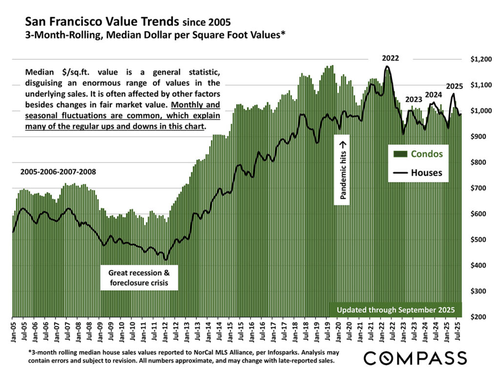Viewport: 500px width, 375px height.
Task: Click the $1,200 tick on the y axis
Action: click(479, 60)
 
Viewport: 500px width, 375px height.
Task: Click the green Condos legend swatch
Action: click(400, 154)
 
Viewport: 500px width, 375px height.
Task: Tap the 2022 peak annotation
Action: click(391, 58)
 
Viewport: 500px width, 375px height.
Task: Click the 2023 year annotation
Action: click(414, 100)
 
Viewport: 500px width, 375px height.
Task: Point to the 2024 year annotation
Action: click(434, 95)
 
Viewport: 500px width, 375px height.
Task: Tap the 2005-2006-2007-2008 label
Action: click(58, 172)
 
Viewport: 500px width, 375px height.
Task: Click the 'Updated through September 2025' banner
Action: click(396, 310)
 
